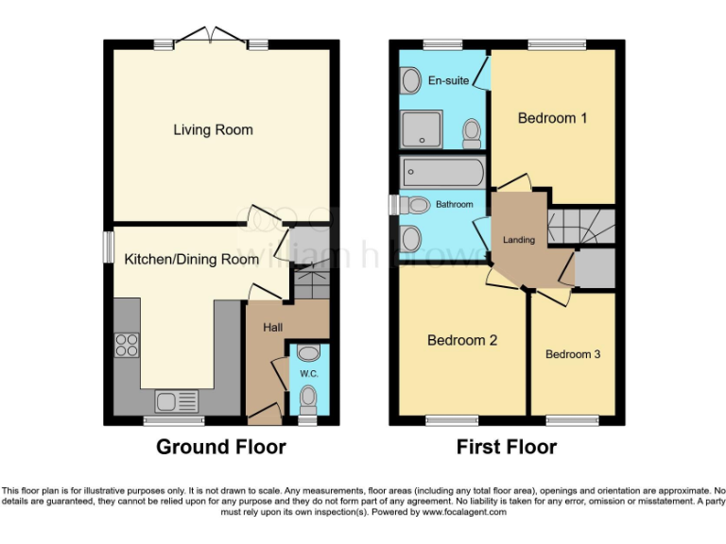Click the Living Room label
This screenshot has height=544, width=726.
point(213,129)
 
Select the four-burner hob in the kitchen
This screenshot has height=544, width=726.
point(127,345)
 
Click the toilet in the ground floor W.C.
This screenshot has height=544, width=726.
point(307,402)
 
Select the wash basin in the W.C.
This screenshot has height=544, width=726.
point(307,352)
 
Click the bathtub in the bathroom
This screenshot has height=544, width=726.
point(443,173)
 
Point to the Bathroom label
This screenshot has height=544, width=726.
point(454,204)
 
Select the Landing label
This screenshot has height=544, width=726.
point(518,240)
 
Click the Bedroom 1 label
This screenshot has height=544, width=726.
point(553,118)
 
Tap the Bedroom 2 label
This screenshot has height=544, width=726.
point(462,340)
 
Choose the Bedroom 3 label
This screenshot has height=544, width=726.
point(573,354)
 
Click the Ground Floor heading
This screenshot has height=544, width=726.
point(220,447)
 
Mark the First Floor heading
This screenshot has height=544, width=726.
point(507,447)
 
